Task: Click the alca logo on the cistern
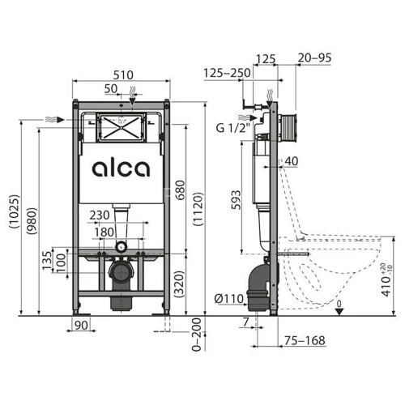point(120,168)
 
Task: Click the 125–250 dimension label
point(226,73)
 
